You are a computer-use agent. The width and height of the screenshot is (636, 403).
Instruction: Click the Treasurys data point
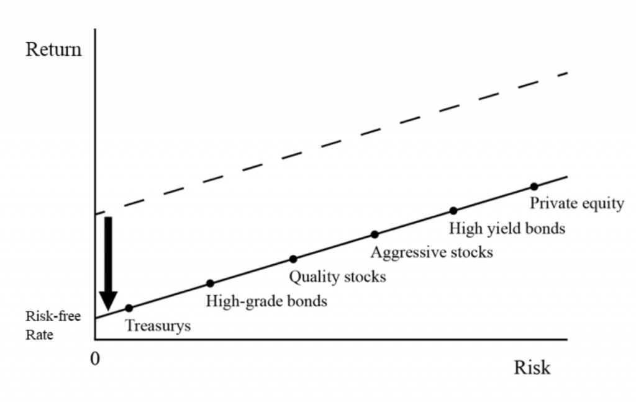[x=129, y=308]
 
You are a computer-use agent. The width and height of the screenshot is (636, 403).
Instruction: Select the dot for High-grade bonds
[x=210, y=283]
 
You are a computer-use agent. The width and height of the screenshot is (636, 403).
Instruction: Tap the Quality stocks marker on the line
[x=293, y=259]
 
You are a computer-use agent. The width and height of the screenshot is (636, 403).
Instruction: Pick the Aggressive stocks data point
[x=375, y=234]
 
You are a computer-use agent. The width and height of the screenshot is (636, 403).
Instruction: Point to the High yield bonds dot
[x=453, y=211]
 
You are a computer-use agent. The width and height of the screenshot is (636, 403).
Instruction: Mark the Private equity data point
[x=534, y=187]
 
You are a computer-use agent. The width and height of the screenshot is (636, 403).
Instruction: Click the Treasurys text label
[x=158, y=326]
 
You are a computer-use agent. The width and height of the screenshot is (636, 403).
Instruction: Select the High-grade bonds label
[x=266, y=301]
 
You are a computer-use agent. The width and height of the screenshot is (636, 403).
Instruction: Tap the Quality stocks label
[x=337, y=277]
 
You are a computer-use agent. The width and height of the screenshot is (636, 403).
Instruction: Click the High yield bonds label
[x=507, y=228]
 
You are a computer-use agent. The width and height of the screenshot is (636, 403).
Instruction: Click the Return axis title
[x=53, y=50]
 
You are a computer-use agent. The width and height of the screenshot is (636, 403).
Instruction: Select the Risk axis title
[x=532, y=368]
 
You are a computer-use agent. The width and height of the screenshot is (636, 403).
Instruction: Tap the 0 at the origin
[x=95, y=359]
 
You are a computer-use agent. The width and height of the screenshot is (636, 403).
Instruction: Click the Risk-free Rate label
[x=53, y=325]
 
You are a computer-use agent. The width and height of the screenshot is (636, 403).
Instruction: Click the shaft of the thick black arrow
[x=108, y=254]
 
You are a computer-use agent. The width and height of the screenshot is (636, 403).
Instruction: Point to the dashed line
[x=332, y=143]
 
